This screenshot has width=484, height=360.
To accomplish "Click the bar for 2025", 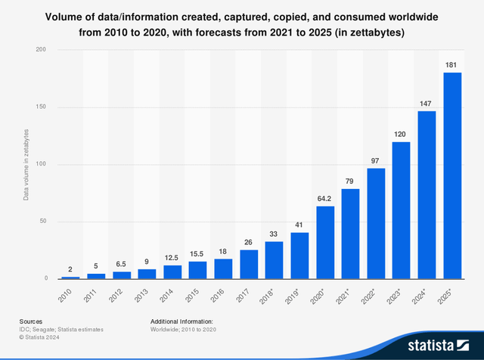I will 452,175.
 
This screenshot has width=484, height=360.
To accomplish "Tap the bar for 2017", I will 249,264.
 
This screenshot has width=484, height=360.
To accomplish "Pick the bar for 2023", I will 401,210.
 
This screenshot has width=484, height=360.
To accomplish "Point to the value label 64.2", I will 325,199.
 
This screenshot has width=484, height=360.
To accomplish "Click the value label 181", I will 452,65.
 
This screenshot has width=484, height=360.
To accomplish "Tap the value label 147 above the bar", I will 427,104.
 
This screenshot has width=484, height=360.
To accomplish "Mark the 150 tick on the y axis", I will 42,107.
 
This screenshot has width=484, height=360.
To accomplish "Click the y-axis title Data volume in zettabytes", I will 26,164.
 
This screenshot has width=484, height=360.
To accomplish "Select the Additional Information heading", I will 181,321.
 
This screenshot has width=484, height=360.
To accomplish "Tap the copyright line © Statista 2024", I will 36,338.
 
